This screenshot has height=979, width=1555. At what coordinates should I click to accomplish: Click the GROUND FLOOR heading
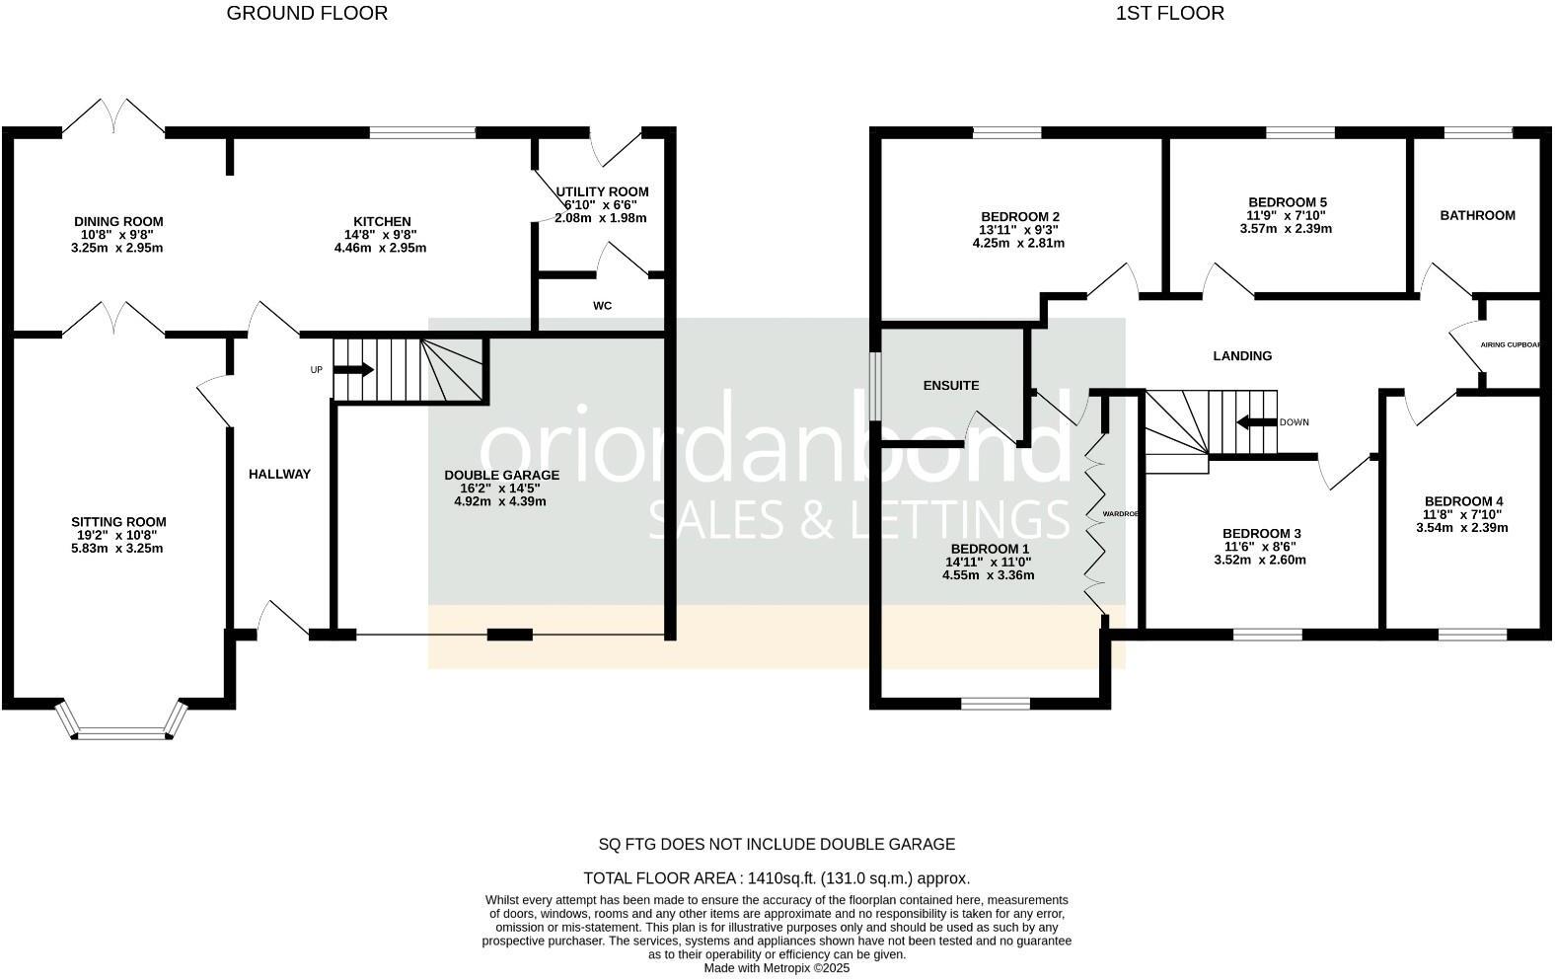(x=307, y=13)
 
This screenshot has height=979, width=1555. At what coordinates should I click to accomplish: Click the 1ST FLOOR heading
(x=1169, y=13)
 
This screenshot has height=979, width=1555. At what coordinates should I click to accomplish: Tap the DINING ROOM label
(x=118, y=221)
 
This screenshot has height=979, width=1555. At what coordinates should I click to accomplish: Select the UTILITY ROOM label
(x=602, y=191)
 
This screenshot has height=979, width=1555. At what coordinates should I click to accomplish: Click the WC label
(x=602, y=306)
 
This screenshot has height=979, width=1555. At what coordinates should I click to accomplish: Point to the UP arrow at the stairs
(x=353, y=370)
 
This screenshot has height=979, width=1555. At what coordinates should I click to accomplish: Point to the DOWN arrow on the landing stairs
(x=1256, y=422)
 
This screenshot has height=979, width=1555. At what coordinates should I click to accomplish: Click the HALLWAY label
(x=279, y=474)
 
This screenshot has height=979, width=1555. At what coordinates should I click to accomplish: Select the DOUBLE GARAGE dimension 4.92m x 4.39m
(x=500, y=501)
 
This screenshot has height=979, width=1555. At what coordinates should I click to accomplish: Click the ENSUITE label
(x=951, y=385)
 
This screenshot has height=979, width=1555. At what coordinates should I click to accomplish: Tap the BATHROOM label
(x=1477, y=215)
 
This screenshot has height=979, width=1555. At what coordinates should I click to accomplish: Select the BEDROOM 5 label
(x=1286, y=201)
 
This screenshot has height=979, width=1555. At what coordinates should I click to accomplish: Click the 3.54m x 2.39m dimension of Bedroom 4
(x=1461, y=528)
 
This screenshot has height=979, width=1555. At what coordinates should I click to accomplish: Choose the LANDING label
(x=1242, y=355)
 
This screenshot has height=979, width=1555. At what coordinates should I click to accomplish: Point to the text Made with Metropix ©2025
(x=776, y=968)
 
